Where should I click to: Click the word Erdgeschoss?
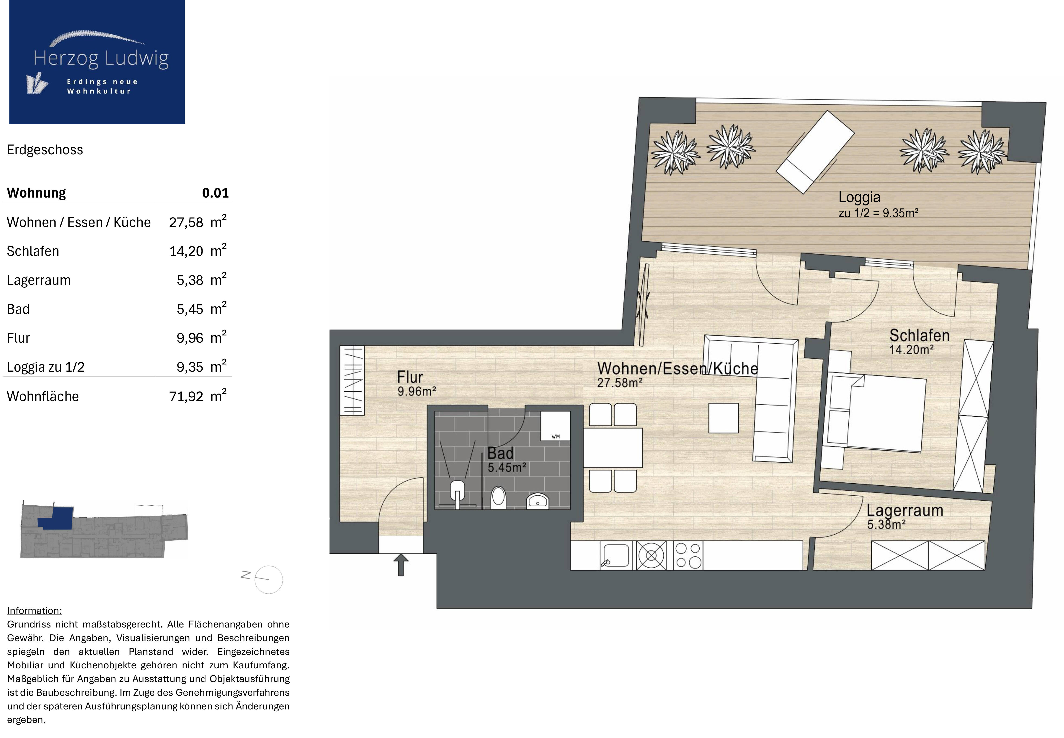pyautogui.click(x=45, y=150)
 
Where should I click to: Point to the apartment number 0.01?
pyautogui.click(x=215, y=193)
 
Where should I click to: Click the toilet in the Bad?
pyautogui.click(x=498, y=497)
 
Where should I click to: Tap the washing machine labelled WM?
pyautogui.click(x=555, y=426)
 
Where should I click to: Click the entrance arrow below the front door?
pyautogui.click(x=401, y=565)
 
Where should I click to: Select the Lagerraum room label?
pyautogui.click(x=904, y=510)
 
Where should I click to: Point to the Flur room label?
pyautogui.click(x=410, y=377)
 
